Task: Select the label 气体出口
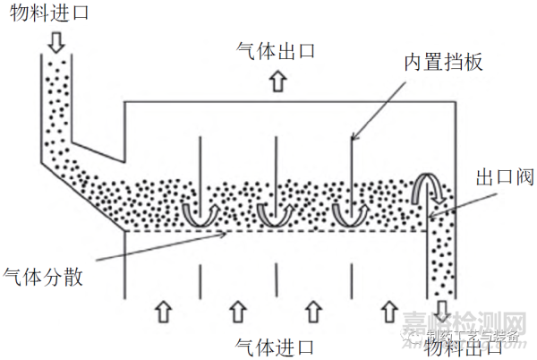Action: [276, 50]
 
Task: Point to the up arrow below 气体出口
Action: [276, 81]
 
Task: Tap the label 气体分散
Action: [44, 277]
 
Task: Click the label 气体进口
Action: [276, 345]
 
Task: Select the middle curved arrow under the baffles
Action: [274, 212]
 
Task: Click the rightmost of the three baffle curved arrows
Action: [349, 212]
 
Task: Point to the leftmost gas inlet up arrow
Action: [162, 311]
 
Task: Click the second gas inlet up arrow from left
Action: [237, 311]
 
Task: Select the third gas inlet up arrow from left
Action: [312, 311]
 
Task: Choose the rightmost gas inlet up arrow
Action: [388, 311]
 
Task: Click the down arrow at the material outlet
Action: [443, 333]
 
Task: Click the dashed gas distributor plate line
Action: [268, 232]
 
